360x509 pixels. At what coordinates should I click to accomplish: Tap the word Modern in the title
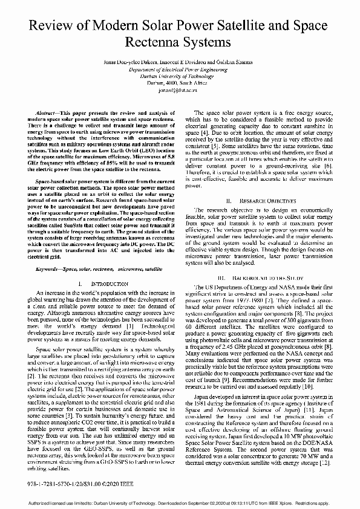pyautogui.click(x=113, y=25)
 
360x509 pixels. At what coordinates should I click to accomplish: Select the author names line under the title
pyautogui.click(x=179, y=62)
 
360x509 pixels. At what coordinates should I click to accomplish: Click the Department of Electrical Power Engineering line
pyautogui.click(x=180, y=70)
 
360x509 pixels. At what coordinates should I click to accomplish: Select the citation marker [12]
pyautogui.click(x=323, y=462)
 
